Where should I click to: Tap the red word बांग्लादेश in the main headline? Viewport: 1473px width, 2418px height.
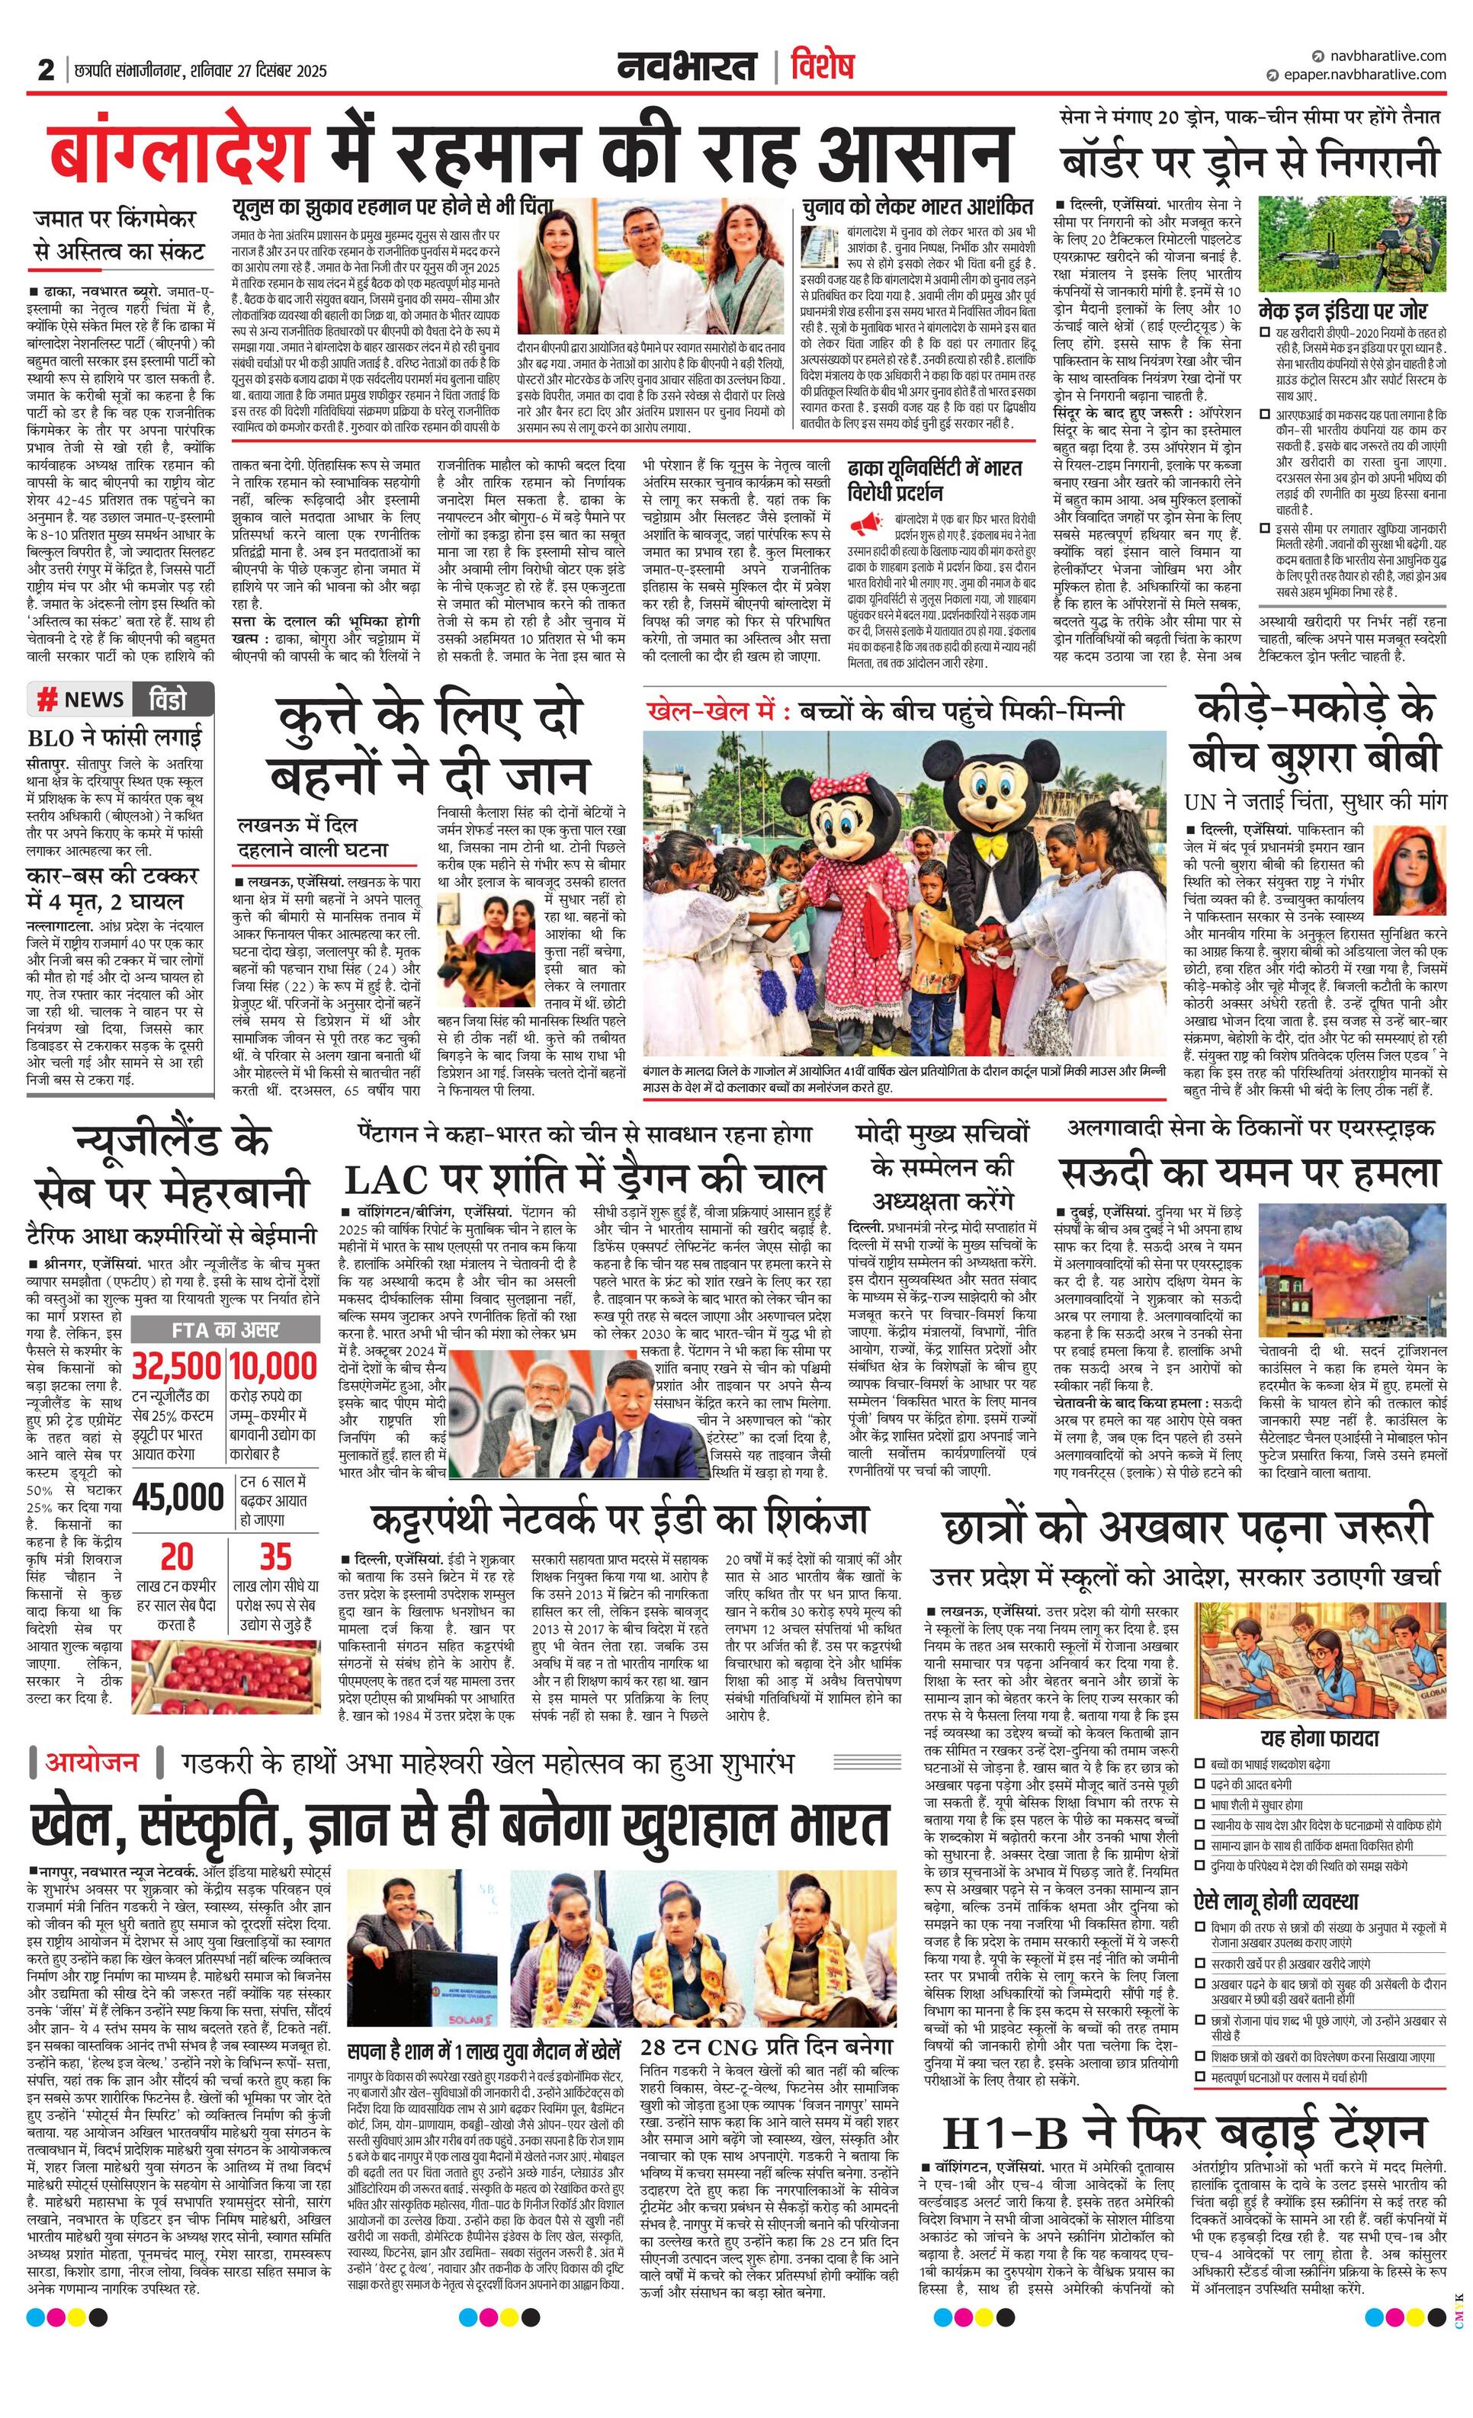[x=180, y=155]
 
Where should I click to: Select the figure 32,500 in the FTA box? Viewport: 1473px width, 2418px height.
[x=177, y=1366]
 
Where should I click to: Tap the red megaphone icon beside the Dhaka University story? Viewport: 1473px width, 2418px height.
[x=867, y=523]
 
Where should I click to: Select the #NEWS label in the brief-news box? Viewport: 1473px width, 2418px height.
[x=81, y=700]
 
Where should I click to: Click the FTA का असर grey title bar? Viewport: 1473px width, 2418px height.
[x=226, y=1329]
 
